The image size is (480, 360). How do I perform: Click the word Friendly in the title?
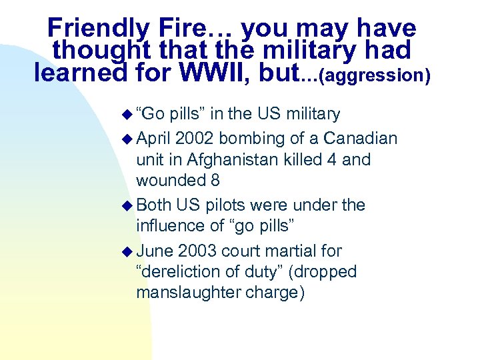coord(98,28)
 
